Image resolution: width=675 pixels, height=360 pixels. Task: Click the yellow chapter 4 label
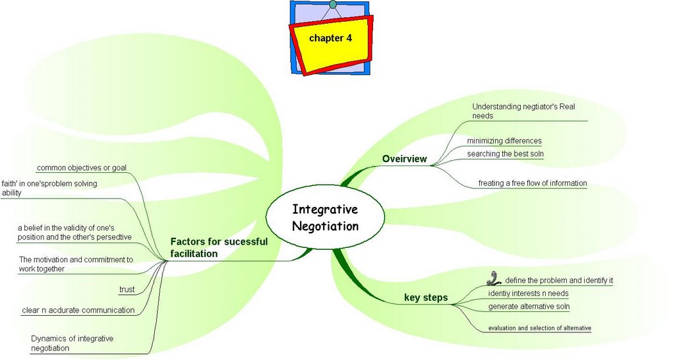(x=330, y=38)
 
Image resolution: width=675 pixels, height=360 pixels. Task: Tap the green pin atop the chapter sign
(x=332, y=5)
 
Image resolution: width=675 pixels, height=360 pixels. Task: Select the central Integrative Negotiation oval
(x=325, y=218)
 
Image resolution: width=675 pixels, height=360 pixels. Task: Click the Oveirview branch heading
(x=405, y=159)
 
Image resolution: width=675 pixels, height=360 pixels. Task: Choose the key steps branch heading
(x=426, y=298)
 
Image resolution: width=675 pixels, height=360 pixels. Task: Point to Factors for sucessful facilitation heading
(x=219, y=247)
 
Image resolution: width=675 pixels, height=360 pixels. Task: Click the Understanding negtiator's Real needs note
(x=523, y=111)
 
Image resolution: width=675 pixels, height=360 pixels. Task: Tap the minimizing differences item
(x=504, y=140)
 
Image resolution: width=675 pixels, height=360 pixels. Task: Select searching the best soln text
(x=505, y=154)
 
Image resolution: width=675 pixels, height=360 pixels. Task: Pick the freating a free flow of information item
(x=532, y=183)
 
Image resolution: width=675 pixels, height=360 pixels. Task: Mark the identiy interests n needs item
(x=528, y=293)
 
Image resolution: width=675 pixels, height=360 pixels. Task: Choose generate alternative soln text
(x=529, y=307)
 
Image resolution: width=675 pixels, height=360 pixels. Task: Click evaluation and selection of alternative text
(x=539, y=328)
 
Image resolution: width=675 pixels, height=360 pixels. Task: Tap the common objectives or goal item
(x=81, y=167)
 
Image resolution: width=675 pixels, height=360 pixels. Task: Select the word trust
(x=127, y=290)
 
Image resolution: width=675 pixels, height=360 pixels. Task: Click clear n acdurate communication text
(x=78, y=310)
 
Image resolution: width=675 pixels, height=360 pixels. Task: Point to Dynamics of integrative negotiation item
(x=72, y=343)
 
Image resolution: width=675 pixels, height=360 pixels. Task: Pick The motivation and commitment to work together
(x=76, y=264)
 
